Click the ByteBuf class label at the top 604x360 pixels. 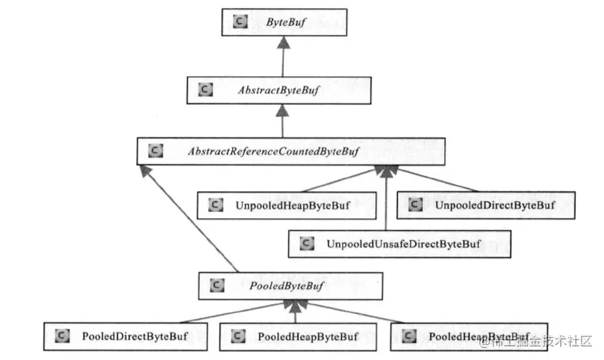click(x=286, y=23)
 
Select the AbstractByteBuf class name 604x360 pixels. click(x=278, y=90)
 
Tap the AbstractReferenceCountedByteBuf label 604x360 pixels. click(x=273, y=151)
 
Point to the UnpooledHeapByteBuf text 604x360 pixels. click(x=292, y=206)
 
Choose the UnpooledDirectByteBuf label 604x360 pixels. click(x=495, y=205)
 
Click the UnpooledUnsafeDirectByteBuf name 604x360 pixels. click(x=404, y=244)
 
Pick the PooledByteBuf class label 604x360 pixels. click(x=287, y=286)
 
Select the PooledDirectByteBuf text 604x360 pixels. click(x=135, y=337)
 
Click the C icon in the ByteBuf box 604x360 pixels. click(x=240, y=21)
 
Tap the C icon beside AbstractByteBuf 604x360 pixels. click(x=205, y=89)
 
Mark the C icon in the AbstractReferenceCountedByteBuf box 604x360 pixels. click(x=156, y=150)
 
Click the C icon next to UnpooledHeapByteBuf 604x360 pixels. click(x=216, y=205)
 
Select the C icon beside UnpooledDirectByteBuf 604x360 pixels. click(x=415, y=204)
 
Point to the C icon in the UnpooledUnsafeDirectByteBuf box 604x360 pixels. click(x=307, y=243)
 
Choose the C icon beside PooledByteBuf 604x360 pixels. click(x=217, y=285)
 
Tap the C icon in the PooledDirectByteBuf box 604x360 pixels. click(x=62, y=336)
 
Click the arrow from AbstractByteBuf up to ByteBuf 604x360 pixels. click(x=283, y=56)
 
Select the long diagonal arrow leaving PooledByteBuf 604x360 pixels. click(x=189, y=218)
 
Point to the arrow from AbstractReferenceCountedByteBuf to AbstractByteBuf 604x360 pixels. click(x=283, y=120)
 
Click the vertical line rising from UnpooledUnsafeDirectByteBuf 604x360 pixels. click(x=386, y=198)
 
